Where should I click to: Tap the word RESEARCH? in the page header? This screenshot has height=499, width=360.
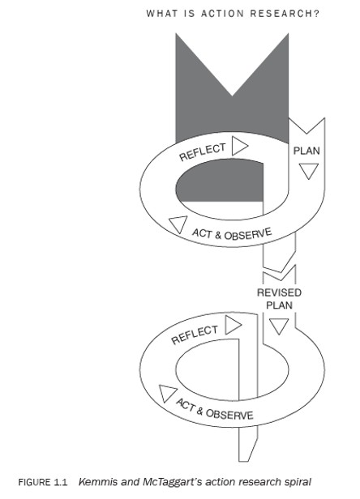click(x=285, y=13)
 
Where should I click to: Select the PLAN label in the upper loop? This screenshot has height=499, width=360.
click(x=306, y=151)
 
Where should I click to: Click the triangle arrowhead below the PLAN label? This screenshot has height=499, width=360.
click(x=309, y=171)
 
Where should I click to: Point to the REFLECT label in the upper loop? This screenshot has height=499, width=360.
click(x=203, y=151)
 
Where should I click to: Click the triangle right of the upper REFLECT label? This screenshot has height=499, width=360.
click(x=240, y=146)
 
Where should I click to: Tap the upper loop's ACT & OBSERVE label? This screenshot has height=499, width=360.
click(x=232, y=234)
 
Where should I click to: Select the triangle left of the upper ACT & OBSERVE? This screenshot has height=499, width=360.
click(x=178, y=224)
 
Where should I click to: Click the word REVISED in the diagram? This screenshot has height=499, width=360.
click(x=279, y=292)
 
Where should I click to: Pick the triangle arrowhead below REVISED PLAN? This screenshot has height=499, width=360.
click(x=279, y=326)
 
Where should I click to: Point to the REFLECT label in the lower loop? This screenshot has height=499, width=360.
click(x=195, y=335)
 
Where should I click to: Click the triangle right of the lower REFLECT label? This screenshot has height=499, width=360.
click(x=234, y=325)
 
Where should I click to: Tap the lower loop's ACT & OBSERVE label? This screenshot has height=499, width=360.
click(x=214, y=409)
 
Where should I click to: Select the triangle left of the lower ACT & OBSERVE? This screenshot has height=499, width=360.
click(x=167, y=394)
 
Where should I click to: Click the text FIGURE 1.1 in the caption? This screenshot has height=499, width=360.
click(x=43, y=483)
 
